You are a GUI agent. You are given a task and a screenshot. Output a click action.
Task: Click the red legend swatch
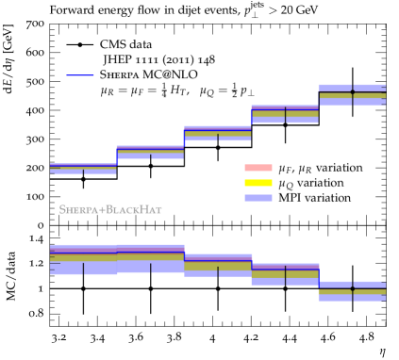point(258,168)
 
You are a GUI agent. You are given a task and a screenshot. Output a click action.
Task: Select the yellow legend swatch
point(258,183)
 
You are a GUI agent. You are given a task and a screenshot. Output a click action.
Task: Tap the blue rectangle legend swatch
point(258,198)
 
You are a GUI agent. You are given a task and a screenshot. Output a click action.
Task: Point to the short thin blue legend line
point(79,75)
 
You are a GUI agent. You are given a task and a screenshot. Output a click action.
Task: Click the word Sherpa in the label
point(80,209)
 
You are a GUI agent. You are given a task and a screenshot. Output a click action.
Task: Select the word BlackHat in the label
point(134,209)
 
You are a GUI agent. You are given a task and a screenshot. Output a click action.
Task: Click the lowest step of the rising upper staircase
point(83,169)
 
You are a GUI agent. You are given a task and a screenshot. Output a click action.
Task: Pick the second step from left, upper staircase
point(150,152)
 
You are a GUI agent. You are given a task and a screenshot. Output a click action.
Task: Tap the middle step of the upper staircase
point(217,134)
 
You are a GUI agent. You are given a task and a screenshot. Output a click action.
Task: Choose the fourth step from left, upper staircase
point(284,114)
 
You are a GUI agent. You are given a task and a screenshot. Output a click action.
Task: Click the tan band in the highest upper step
point(352,95)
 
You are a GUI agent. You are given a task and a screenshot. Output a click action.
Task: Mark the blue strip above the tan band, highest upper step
point(352,88)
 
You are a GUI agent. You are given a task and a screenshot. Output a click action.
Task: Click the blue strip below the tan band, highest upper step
point(352,102)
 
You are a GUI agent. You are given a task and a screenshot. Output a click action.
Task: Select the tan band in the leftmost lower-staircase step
point(83,257)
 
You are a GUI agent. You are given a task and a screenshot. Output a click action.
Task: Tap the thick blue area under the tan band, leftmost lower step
point(83,269)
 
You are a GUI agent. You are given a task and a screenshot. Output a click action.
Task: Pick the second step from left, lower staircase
point(150,259)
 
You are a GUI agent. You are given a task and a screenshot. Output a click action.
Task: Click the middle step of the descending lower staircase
point(217,265)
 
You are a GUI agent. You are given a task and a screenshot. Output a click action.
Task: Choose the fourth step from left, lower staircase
point(284,274)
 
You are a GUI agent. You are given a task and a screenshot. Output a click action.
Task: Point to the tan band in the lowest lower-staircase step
point(352,292)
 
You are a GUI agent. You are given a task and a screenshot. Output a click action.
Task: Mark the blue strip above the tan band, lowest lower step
point(352,285)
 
